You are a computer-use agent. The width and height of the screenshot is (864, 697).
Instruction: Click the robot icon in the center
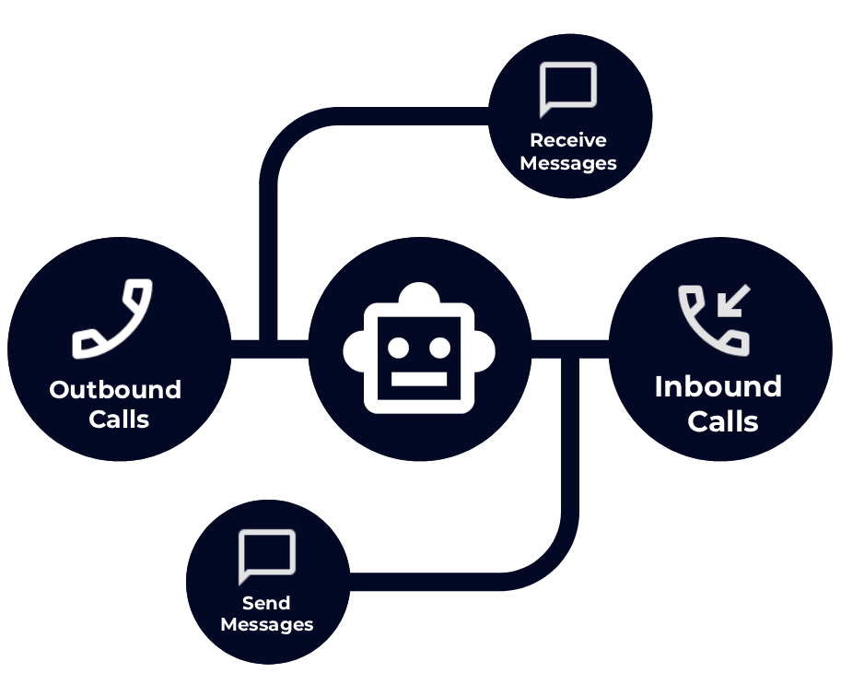[x=419, y=349]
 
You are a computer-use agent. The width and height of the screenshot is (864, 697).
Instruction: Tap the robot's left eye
[x=398, y=348]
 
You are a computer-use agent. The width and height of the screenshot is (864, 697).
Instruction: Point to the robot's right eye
[x=440, y=348]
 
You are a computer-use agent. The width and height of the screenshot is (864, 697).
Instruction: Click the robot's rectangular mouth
[x=419, y=379]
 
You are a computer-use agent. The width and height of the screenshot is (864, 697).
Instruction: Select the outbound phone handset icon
[x=112, y=318]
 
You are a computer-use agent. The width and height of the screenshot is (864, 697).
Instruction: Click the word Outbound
[x=115, y=390]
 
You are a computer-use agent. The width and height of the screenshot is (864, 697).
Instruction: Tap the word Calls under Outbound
[x=119, y=419]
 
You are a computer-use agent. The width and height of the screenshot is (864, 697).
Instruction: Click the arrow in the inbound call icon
[x=734, y=301]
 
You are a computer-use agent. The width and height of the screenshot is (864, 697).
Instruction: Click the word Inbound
[x=718, y=386]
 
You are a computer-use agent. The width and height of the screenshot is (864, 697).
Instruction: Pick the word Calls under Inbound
[x=723, y=421]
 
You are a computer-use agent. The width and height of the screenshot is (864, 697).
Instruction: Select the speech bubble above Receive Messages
[x=568, y=89]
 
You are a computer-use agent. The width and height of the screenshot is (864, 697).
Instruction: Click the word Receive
[x=568, y=140]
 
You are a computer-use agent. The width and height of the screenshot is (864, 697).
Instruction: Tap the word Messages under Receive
[x=568, y=163]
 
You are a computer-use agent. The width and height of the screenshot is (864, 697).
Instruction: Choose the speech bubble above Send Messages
[x=267, y=556]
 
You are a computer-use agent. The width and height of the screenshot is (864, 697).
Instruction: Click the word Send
[x=266, y=603]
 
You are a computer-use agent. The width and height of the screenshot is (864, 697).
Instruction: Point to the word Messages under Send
[x=267, y=625]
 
